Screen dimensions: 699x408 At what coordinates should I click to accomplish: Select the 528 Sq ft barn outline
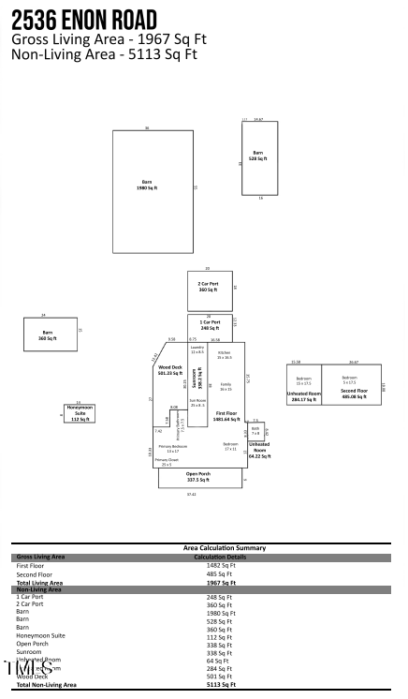tap(259, 157)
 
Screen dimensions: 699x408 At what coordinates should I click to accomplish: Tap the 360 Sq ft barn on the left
tap(50, 335)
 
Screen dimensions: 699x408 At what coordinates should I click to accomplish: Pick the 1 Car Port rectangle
tap(210, 325)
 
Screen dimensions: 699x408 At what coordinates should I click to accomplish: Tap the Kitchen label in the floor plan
tap(225, 353)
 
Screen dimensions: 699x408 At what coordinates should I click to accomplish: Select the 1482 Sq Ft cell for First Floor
tap(222, 566)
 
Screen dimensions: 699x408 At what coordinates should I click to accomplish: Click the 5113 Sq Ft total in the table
tap(222, 685)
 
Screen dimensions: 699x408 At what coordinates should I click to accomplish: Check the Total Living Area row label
tap(40, 582)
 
